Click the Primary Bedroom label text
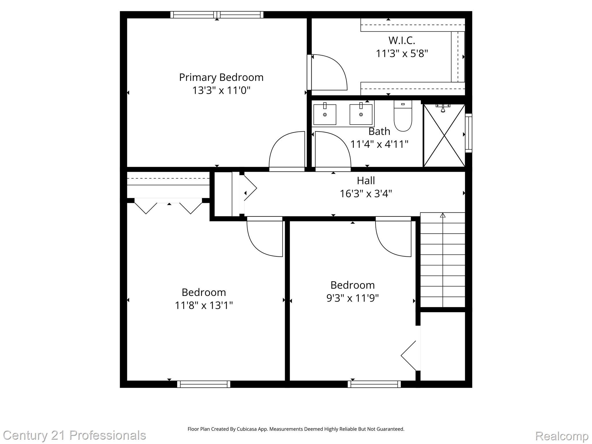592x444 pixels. [221, 77]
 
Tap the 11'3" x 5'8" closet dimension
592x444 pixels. [402, 53]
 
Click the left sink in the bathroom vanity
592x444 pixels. [325, 114]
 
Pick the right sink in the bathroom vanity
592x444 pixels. [361, 114]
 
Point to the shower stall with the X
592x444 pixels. [444, 136]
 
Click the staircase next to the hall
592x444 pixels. [442, 260]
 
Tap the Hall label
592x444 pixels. [366, 181]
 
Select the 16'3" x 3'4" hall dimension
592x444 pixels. [366, 194]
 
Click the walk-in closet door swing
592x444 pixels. [328, 72]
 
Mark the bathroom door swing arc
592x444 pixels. [332, 150]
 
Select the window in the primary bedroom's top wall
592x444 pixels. [217, 15]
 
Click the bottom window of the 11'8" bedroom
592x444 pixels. [203, 384]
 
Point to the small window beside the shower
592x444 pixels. [468, 133]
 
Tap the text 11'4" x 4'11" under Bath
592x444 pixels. [379, 144]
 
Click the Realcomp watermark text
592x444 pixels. [562, 436]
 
